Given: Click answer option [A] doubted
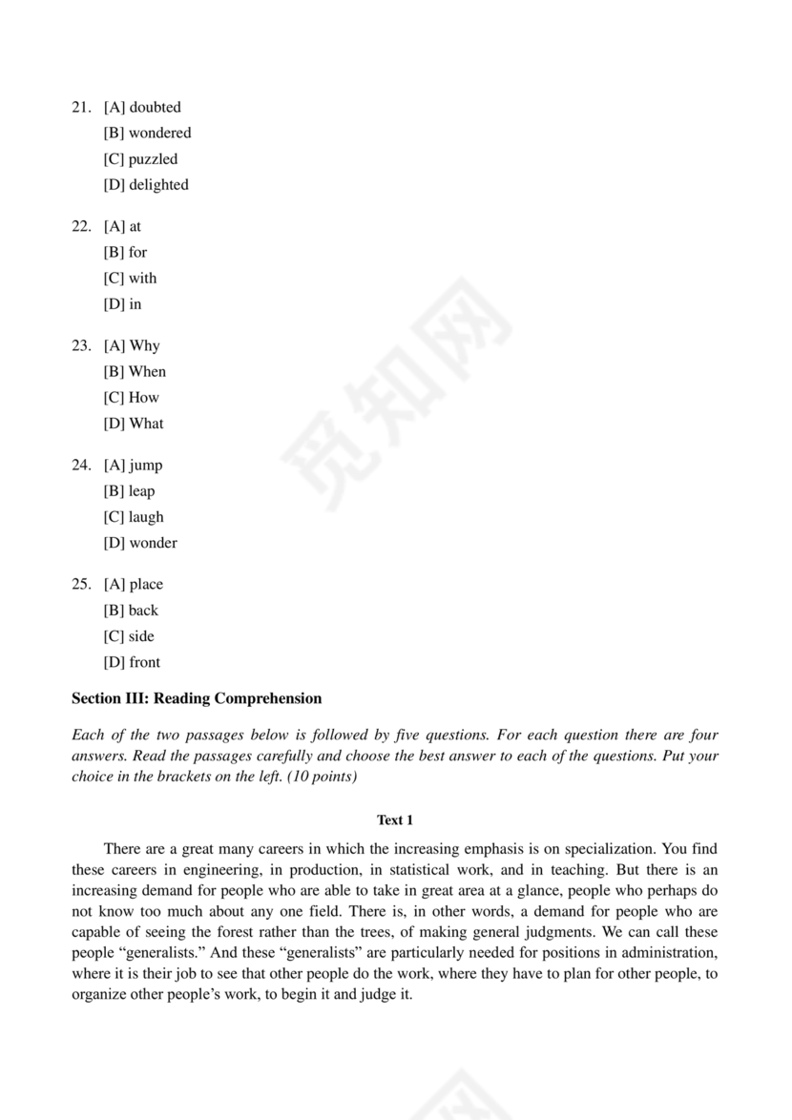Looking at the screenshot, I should (141, 107).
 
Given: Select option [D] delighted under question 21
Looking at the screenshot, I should (145, 185).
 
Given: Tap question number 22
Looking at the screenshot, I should (80, 226).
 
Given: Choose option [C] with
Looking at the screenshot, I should (130, 279).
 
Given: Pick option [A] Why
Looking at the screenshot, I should (132, 345).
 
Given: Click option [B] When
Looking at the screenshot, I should (135, 372).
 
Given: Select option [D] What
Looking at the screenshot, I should (134, 424).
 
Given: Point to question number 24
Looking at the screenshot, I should (80, 465).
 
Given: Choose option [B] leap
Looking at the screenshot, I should (129, 491).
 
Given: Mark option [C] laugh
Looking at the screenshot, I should (134, 517).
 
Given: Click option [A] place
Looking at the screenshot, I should (133, 584).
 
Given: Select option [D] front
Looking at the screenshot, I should (132, 662).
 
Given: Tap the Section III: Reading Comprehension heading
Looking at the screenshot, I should (197, 698).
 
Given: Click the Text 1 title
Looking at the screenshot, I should (395, 819).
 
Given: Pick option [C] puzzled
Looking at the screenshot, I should (140, 159).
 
